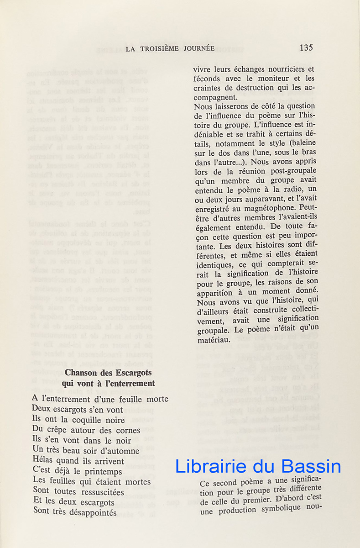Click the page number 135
pyautogui.click(x=306, y=47)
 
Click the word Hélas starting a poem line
pyautogui.click(x=44, y=461)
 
